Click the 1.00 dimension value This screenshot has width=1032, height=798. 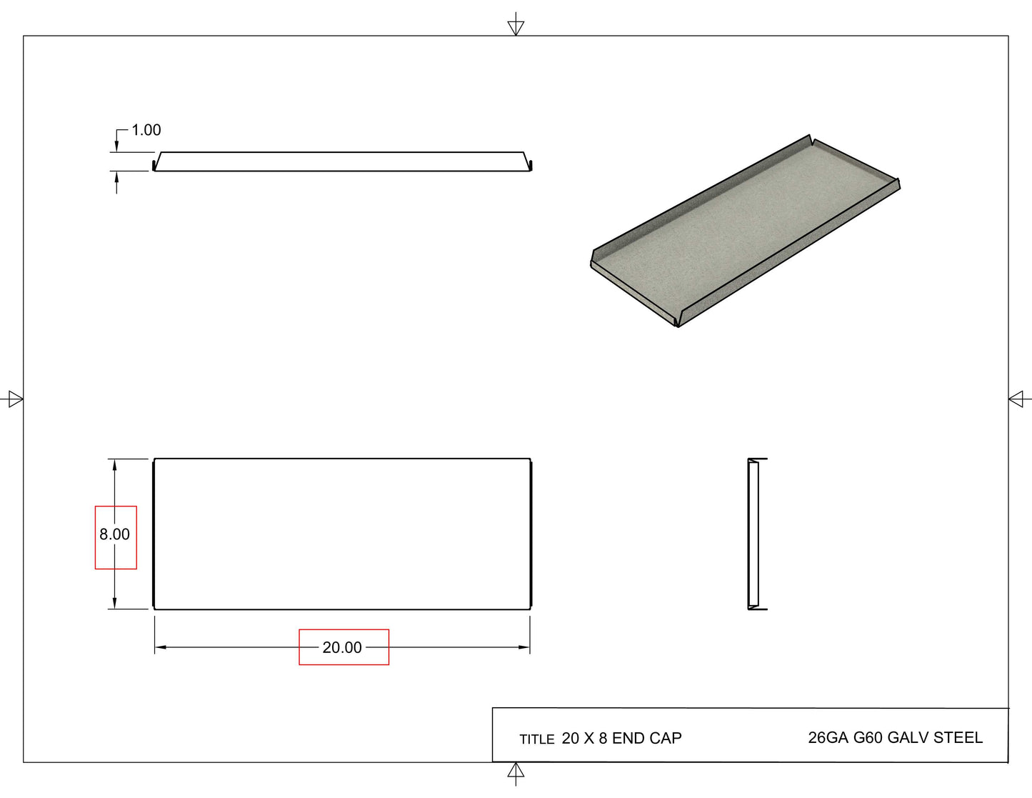[146, 130]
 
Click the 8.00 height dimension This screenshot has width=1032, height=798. [115, 534]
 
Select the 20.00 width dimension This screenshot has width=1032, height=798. [342, 647]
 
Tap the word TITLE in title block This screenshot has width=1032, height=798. [536, 739]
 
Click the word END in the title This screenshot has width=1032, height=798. [628, 738]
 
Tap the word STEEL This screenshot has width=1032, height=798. [959, 737]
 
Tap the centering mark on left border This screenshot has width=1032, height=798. [14, 399]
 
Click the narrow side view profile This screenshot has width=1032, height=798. [753, 534]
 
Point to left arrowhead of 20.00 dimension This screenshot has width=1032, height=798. [161, 647]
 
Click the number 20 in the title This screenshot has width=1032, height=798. [571, 738]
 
